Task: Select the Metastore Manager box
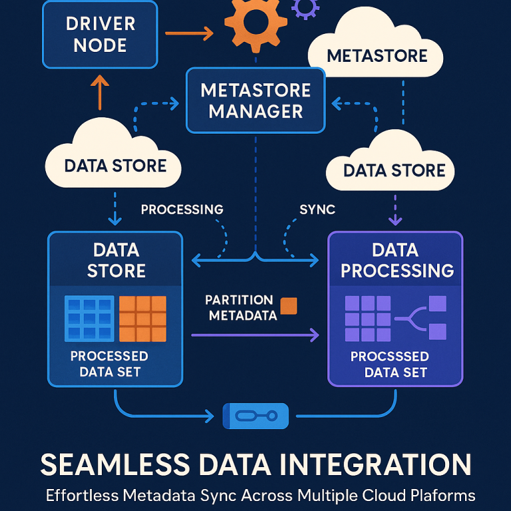point(255,100)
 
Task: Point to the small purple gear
point(305,7)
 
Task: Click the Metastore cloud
point(377,53)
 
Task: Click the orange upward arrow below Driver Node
point(99,92)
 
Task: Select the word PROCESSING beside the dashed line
point(182,209)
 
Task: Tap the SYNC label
point(317,209)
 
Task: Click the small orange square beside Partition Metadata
point(289,305)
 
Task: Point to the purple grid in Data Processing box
point(367,318)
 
